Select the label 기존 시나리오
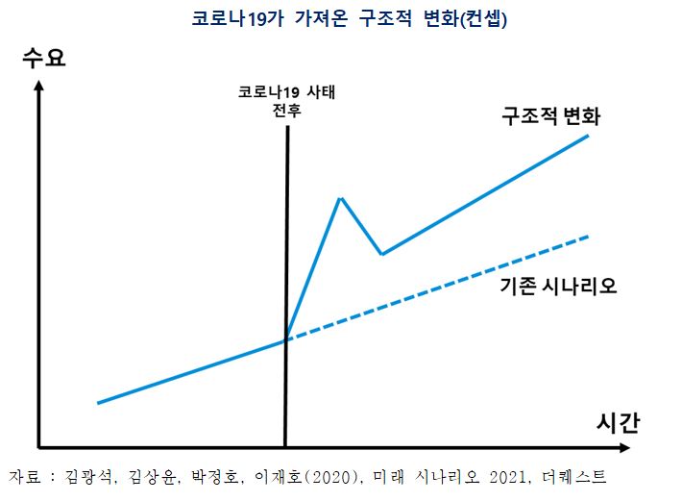(x=557, y=287)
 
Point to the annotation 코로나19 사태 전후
(x=289, y=102)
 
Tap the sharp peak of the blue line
(x=340, y=198)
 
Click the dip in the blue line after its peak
(x=382, y=254)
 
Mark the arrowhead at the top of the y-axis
(x=38, y=88)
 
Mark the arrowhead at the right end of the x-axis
(x=625, y=447)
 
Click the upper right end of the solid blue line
(x=588, y=137)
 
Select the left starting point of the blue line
(x=98, y=403)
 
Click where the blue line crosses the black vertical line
(x=286, y=339)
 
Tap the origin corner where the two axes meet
(x=38, y=447)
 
